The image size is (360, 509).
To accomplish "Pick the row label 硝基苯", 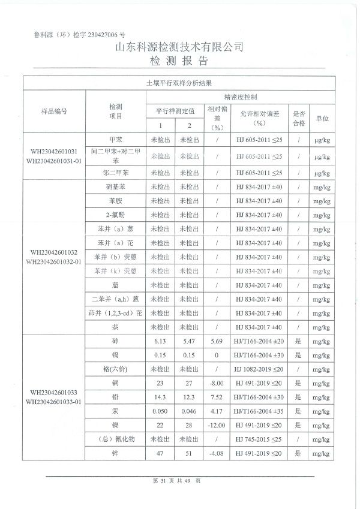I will click(x=115, y=186).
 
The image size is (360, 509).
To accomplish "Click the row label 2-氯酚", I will click(x=115, y=215).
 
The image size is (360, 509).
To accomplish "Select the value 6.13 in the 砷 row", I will click(x=160, y=341).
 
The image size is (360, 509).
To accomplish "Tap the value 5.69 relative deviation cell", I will click(x=217, y=341).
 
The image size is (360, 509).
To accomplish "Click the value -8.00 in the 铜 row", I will click(x=217, y=383).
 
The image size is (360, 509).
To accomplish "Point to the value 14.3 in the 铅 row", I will click(x=160, y=397).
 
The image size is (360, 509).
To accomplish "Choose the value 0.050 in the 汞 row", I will click(x=160, y=411).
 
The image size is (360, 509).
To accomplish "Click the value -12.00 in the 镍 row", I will click(x=217, y=425).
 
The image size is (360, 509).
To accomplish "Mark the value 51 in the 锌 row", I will click(x=189, y=453).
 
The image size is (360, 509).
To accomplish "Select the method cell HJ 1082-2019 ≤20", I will click(x=259, y=369).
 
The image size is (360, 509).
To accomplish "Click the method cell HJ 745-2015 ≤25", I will click(x=259, y=439).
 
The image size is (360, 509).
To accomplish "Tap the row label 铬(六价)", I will click(x=115, y=369).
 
